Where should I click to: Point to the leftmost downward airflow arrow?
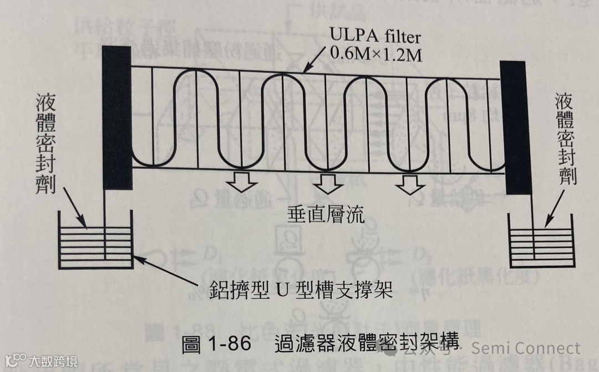243,182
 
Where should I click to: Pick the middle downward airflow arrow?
327,184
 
